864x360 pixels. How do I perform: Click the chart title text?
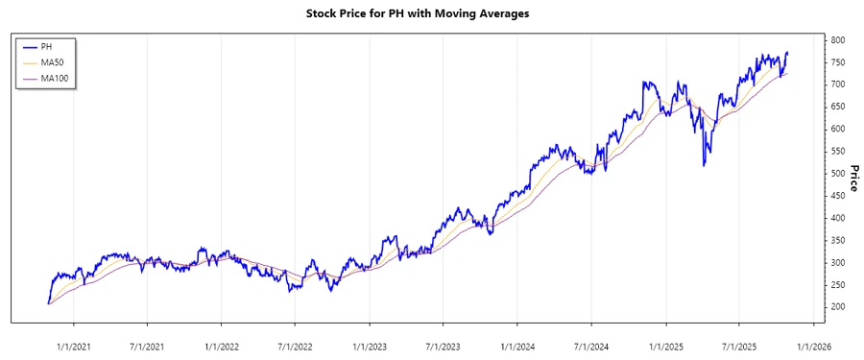(x=431, y=13)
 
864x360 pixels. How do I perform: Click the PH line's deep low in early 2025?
(x=705, y=166)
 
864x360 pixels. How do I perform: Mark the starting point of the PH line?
(x=48, y=303)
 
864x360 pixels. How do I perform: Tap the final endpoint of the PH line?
(x=788, y=53)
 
